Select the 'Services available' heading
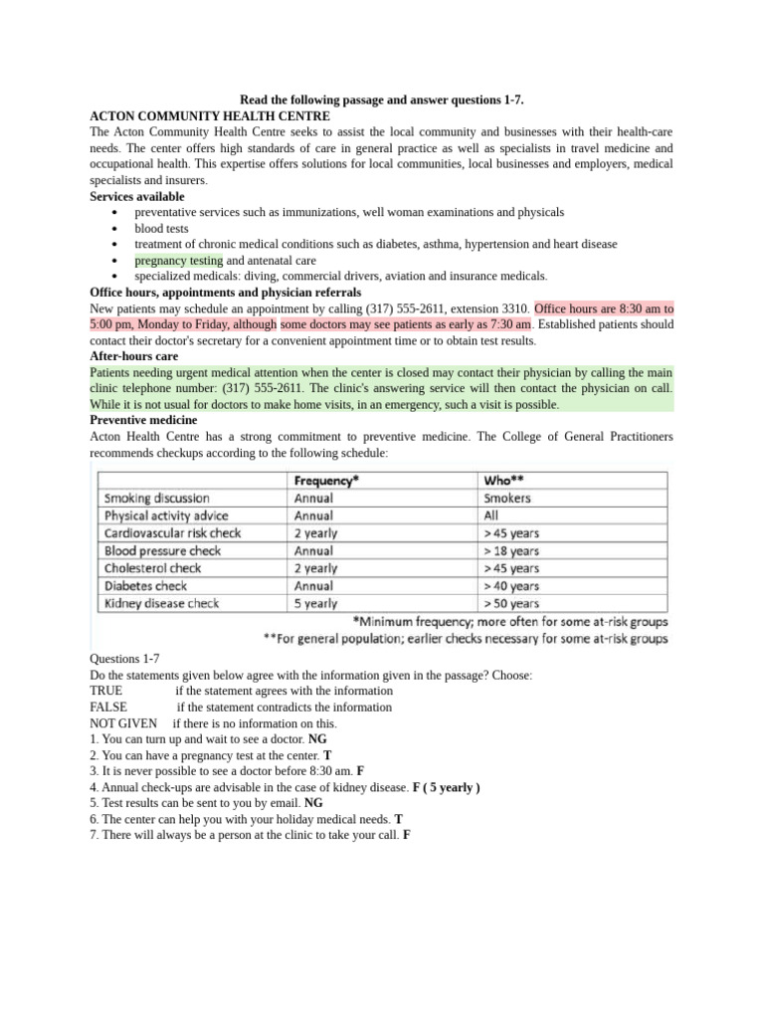(x=136, y=197)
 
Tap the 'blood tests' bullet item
(x=161, y=228)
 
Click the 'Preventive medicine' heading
(x=143, y=420)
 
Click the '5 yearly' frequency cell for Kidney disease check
(x=315, y=603)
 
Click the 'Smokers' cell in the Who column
(x=507, y=498)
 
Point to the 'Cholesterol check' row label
(x=152, y=568)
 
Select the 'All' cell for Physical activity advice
(x=491, y=515)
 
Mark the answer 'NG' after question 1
(x=317, y=739)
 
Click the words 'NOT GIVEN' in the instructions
(x=123, y=723)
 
